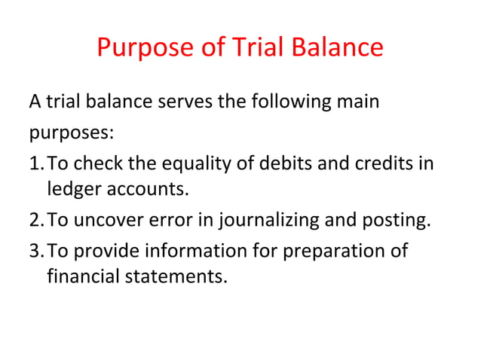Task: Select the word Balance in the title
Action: coord(339,48)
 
